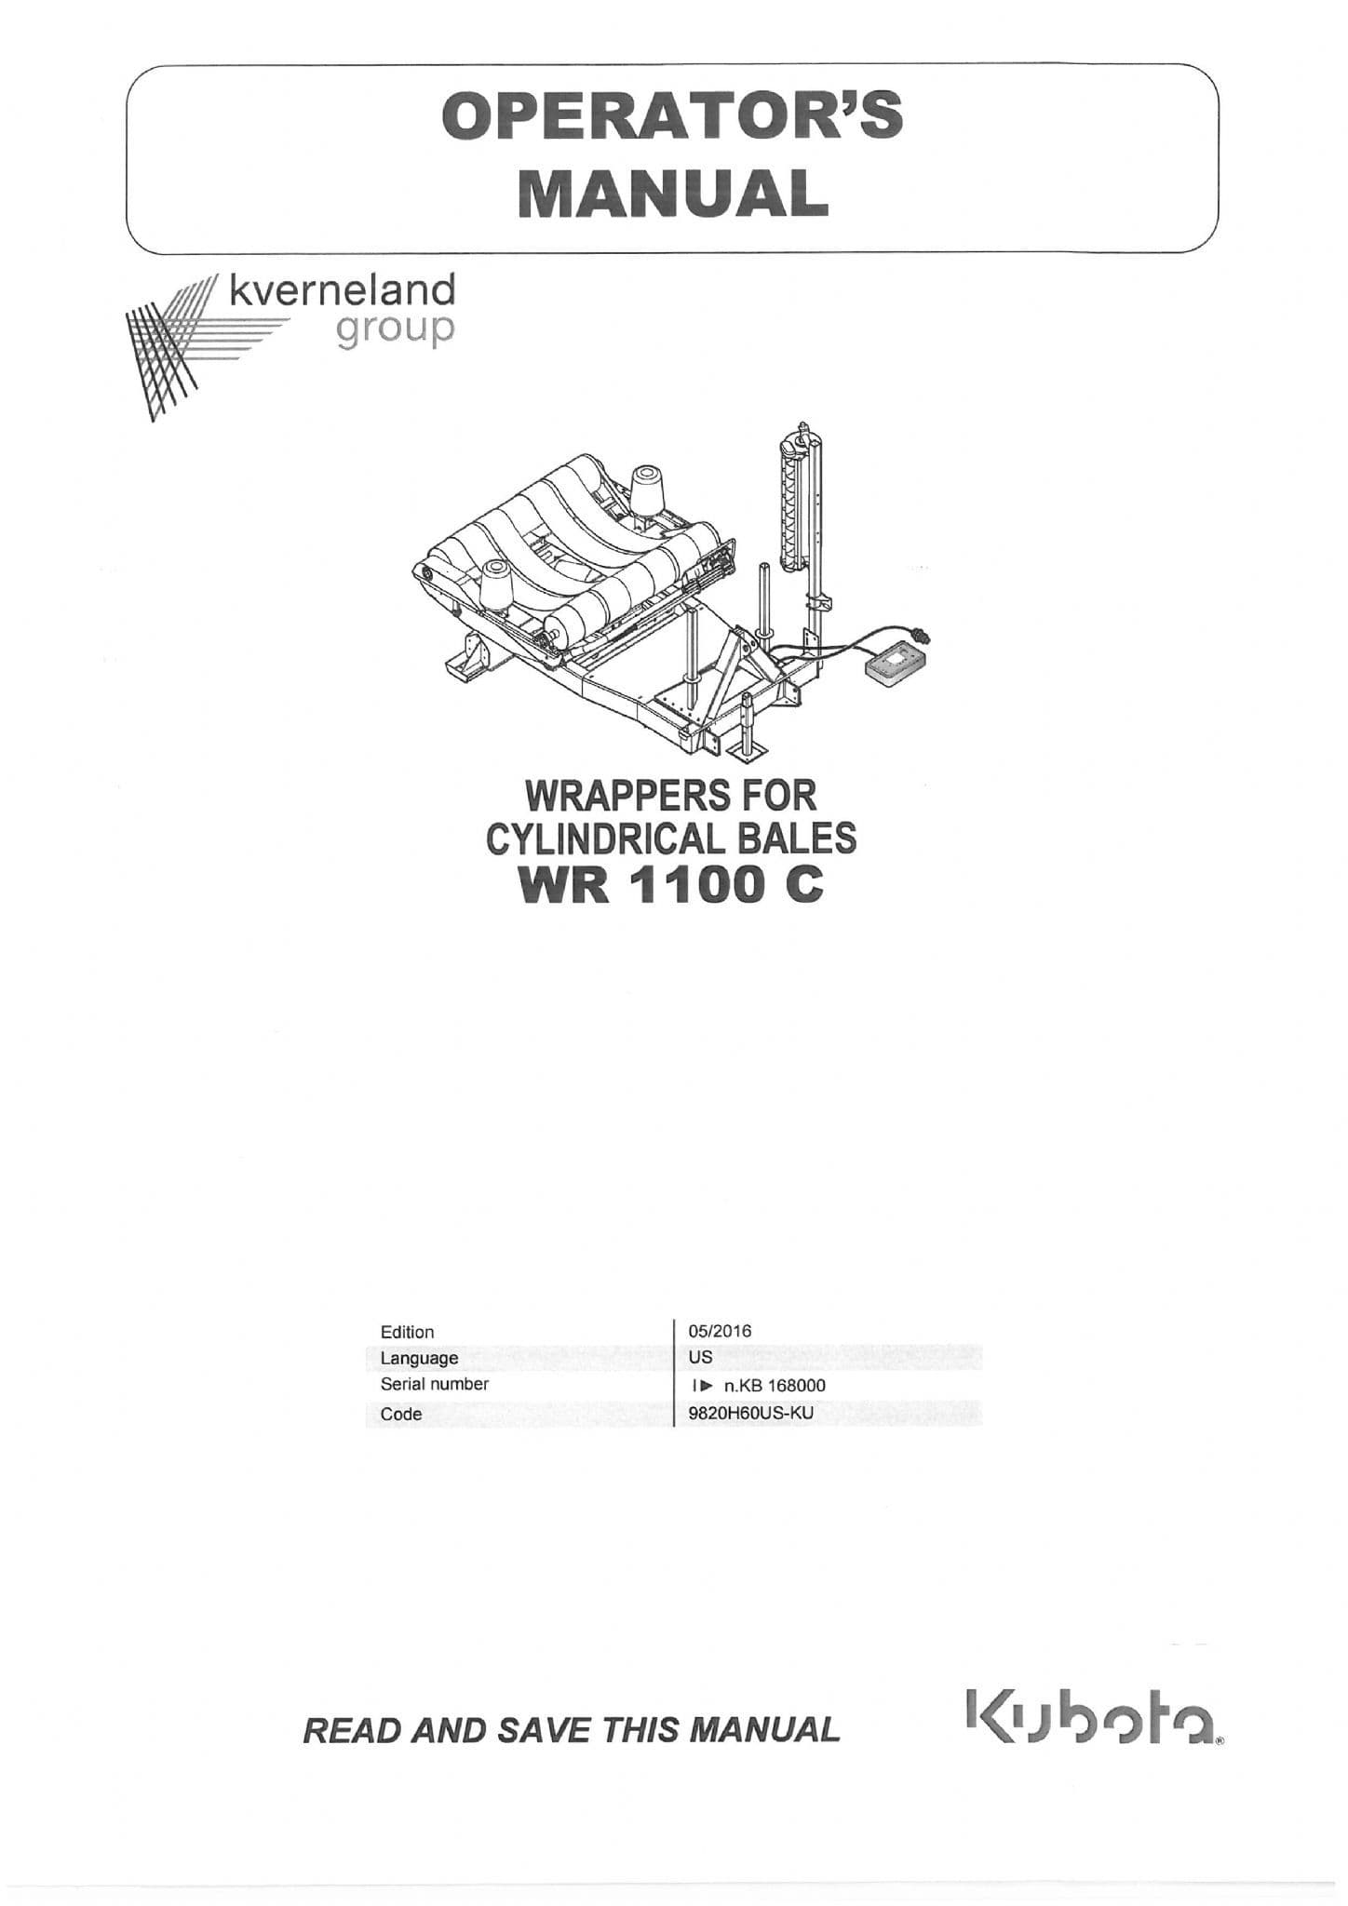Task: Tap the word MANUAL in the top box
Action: click(672, 193)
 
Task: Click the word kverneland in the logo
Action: click(342, 290)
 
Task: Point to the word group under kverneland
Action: click(396, 329)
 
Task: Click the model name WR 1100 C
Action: click(671, 885)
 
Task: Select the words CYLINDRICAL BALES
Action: click(671, 839)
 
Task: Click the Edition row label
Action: click(407, 1332)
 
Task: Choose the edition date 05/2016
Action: click(720, 1331)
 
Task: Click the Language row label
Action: click(419, 1358)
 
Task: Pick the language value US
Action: click(700, 1357)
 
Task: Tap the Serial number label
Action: click(434, 1384)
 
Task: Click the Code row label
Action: click(401, 1414)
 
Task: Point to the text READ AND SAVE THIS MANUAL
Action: click(571, 1730)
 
